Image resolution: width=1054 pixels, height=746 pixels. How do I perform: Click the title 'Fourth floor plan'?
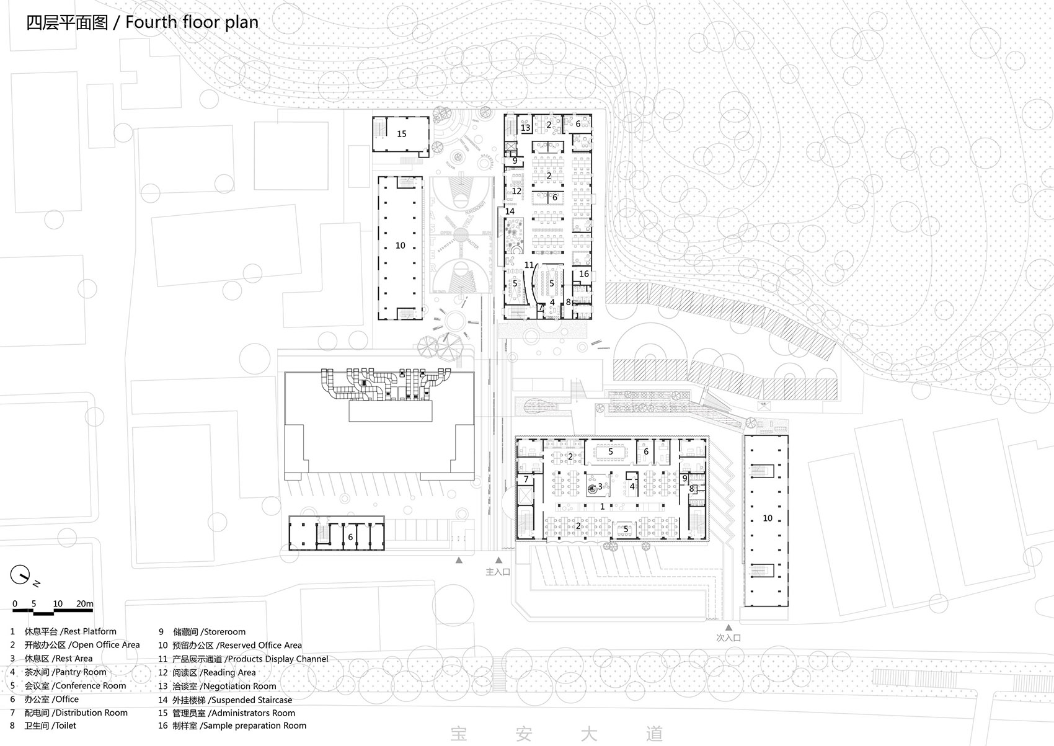(192, 23)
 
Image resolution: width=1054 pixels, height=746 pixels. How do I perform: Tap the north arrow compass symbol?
(20, 575)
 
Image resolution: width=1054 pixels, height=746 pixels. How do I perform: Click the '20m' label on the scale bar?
(84, 603)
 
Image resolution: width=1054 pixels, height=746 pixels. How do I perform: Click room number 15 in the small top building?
(402, 134)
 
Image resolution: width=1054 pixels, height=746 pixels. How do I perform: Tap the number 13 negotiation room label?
(526, 128)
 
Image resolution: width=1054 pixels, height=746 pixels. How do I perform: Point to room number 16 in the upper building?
(584, 273)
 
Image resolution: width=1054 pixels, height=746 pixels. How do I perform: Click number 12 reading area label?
(517, 191)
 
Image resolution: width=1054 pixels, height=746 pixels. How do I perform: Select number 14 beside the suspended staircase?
(510, 211)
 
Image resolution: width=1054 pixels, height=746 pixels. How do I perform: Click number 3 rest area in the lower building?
(600, 487)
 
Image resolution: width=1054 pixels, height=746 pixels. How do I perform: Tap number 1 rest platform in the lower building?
(603, 507)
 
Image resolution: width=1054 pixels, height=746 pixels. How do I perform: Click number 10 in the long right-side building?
(768, 518)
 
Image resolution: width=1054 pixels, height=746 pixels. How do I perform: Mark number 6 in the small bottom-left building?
(350, 537)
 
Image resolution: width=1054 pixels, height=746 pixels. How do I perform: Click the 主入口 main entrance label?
(498, 572)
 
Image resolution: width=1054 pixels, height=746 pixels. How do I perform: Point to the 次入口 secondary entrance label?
(729, 637)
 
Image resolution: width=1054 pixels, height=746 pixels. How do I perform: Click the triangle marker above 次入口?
(729, 626)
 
